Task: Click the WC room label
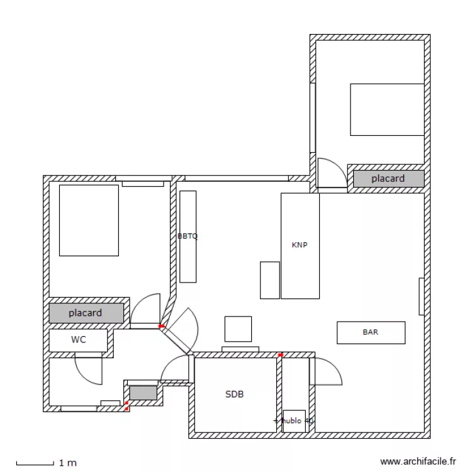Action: (79, 340)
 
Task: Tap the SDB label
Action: (234, 395)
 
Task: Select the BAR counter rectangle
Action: (371, 332)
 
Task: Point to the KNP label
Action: (300, 245)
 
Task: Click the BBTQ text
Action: (188, 237)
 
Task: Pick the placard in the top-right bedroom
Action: (388, 179)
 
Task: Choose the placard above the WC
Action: (86, 313)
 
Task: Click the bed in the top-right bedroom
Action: (387, 110)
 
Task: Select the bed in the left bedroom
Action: (89, 220)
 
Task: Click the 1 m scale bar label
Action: (67, 463)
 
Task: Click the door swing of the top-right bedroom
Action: (331, 173)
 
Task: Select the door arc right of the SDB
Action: (327, 372)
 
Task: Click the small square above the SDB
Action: (238, 329)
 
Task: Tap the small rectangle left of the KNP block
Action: (269, 280)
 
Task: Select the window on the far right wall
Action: (421, 296)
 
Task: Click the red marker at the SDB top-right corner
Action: (280, 355)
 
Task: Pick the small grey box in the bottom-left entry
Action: (143, 393)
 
